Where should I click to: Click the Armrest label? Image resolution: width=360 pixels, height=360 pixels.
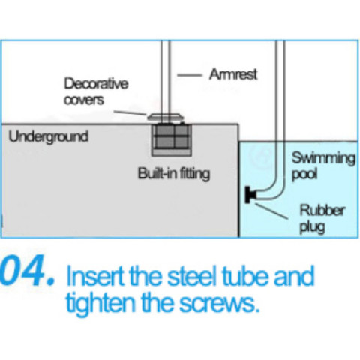coord(233,74)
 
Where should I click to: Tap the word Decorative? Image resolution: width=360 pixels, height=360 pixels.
coord(96,83)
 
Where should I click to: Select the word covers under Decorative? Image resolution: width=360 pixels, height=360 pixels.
coord(84,100)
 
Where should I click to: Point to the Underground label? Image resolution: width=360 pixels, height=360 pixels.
coord(49,137)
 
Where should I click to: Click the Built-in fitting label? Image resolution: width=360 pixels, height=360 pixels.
coord(174,173)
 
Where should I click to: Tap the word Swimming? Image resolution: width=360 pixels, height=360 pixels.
coord(323,158)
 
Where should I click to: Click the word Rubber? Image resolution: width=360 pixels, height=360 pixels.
coord(322,211)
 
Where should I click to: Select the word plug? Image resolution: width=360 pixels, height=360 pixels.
coord(313,227)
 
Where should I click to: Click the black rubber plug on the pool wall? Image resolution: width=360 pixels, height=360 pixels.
coord(250,195)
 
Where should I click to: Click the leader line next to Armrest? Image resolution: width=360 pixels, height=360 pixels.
coord(190,75)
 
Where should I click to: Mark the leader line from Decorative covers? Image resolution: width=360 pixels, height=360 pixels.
coord(130,112)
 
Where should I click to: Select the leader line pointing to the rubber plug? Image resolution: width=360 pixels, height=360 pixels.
coord(271,211)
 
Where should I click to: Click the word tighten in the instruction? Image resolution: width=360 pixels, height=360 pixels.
coord(100,303)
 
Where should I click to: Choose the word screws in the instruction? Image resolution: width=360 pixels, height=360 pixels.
coord(217,304)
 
